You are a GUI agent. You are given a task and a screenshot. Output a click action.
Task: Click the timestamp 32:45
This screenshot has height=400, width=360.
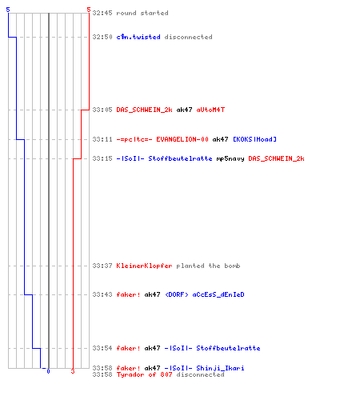(102, 13)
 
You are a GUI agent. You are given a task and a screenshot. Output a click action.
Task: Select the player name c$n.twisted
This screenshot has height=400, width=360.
(138, 37)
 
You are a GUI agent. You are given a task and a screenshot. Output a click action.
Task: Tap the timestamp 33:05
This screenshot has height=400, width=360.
(102, 110)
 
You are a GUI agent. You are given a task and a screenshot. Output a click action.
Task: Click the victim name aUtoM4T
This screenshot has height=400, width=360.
(210, 110)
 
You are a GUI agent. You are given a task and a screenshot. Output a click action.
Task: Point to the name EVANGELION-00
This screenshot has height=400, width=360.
(182, 139)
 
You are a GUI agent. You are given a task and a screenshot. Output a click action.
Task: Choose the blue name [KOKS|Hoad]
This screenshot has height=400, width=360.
(254, 139)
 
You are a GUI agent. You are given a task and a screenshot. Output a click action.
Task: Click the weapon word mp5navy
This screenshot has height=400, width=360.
(230, 159)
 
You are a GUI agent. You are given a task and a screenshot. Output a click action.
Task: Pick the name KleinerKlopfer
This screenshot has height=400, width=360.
(144, 266)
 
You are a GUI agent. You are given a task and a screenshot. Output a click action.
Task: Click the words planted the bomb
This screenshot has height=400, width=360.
(208, 266)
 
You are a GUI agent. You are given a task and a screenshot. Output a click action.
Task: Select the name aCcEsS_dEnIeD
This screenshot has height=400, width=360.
(218, 294)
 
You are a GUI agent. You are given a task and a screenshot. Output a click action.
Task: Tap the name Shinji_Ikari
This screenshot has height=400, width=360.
(220, 368)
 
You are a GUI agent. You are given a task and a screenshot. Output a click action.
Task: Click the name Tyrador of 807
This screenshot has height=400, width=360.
(144, 374)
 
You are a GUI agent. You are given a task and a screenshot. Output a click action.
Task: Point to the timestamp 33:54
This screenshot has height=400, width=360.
(102, 348)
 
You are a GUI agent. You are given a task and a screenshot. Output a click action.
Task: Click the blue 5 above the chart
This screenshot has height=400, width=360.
(8, 10)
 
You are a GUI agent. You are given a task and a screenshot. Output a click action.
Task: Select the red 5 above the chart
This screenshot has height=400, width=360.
(89, 10)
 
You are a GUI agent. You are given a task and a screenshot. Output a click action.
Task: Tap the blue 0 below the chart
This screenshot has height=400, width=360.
(48, 371)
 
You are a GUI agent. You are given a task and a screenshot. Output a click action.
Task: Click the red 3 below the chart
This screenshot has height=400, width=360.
(73, 371)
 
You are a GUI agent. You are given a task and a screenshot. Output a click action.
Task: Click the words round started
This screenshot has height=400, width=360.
(142, 13)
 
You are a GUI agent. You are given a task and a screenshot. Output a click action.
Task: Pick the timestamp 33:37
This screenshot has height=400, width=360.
(102, 266)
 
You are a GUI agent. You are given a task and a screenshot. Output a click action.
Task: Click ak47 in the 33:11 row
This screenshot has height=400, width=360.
(220, 139)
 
